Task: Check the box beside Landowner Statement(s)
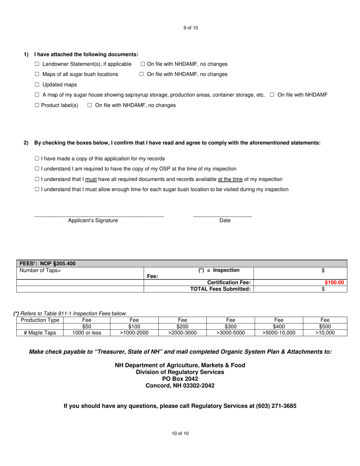coord(37,64)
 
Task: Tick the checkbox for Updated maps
coord(37,85)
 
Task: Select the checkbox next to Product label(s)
coord(37,105)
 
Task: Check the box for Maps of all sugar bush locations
coord(37,75)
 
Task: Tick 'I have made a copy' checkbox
coord(37,159)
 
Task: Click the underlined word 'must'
coord(91,179)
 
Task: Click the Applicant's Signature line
coord(99,215)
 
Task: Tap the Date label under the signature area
coord(225,220)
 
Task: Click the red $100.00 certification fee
coord(334,283)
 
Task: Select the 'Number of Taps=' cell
coord(40,271)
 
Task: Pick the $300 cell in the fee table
coord(230,327)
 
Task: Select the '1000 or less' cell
coord(87,333)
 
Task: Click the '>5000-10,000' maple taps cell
coord(279,333)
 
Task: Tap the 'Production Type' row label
coord(40,320)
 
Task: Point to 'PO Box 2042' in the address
coord(180,379)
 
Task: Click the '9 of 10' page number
coord(191,28)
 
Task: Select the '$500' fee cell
coord(325,327)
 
